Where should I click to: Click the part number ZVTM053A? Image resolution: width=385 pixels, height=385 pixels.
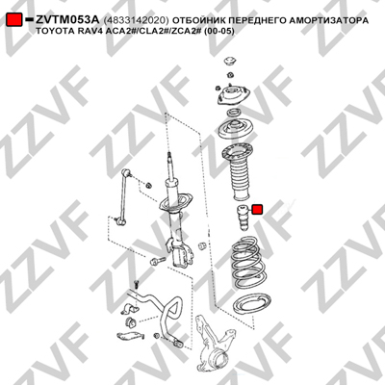click(x=67, y=20)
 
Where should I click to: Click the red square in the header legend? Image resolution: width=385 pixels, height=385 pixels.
click(x=13, y=20)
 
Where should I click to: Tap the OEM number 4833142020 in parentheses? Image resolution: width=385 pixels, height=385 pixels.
click(x=136, y=20)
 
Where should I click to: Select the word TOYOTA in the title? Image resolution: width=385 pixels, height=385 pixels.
click(x=50, y=32)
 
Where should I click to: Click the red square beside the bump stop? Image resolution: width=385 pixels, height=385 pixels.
click(x=257, y=210)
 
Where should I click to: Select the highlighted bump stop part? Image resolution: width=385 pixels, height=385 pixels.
click(x=244, y=218)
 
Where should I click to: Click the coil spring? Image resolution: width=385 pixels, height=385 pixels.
click(x=248, y=262)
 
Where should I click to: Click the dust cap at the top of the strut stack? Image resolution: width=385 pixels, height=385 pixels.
click(x=230, y=62)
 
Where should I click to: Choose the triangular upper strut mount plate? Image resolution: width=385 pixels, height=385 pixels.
click(x=232, y=95)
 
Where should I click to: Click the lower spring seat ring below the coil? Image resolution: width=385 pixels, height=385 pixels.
click(x=252, y=305)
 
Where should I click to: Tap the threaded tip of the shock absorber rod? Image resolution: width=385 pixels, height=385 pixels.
click(x=168, y=156)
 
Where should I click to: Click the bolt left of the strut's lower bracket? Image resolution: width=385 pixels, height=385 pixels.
click(x=158, y=261)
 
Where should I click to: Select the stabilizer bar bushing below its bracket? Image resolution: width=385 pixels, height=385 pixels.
click(x=130, y=321)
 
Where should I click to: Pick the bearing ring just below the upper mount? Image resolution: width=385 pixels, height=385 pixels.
click(x=233, y=113)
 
